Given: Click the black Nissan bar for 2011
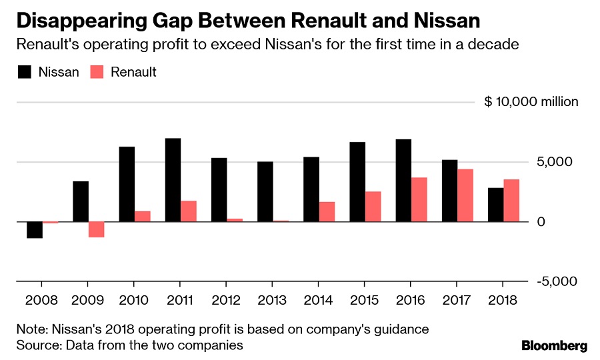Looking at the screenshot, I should pos(173,179).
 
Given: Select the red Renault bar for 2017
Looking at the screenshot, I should pos(465,195).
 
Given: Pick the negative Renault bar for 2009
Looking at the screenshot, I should pos(97,229).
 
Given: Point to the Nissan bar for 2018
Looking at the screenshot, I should pos(495,205).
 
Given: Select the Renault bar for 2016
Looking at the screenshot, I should pos(419,199).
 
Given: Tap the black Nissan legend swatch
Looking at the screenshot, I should pos(25,72).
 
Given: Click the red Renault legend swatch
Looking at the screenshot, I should pos(97,72).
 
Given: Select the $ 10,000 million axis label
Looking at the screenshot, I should pos(531,102).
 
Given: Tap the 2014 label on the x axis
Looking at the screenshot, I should pos(319,300).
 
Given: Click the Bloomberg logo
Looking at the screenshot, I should pos(554,345).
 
